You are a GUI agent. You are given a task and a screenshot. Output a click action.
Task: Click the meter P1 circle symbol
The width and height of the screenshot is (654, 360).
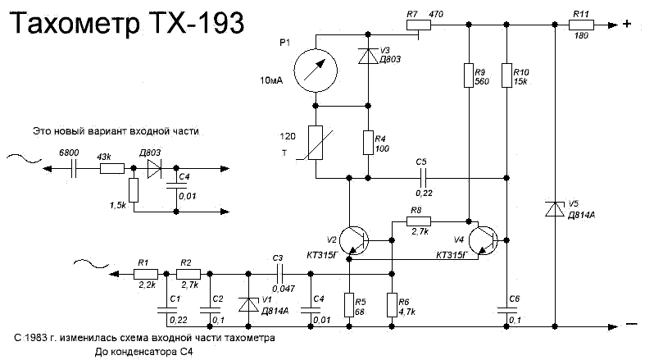315,69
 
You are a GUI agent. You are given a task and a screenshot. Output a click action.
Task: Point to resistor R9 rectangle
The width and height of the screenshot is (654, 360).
469,75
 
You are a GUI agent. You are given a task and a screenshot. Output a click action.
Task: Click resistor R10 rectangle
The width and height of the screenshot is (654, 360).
507,75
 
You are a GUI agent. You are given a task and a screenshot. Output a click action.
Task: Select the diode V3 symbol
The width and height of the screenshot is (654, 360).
368,58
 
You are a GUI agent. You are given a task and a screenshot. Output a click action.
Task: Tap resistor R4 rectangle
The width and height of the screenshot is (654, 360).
368,142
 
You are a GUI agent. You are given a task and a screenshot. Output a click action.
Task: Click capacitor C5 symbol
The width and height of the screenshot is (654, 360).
422,177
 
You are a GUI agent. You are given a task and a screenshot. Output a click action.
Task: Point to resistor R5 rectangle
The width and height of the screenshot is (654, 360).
349,304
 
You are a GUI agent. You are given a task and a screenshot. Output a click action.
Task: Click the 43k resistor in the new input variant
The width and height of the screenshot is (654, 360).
111,170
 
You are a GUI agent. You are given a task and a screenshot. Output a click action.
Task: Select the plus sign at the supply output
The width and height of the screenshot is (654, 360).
626,25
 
